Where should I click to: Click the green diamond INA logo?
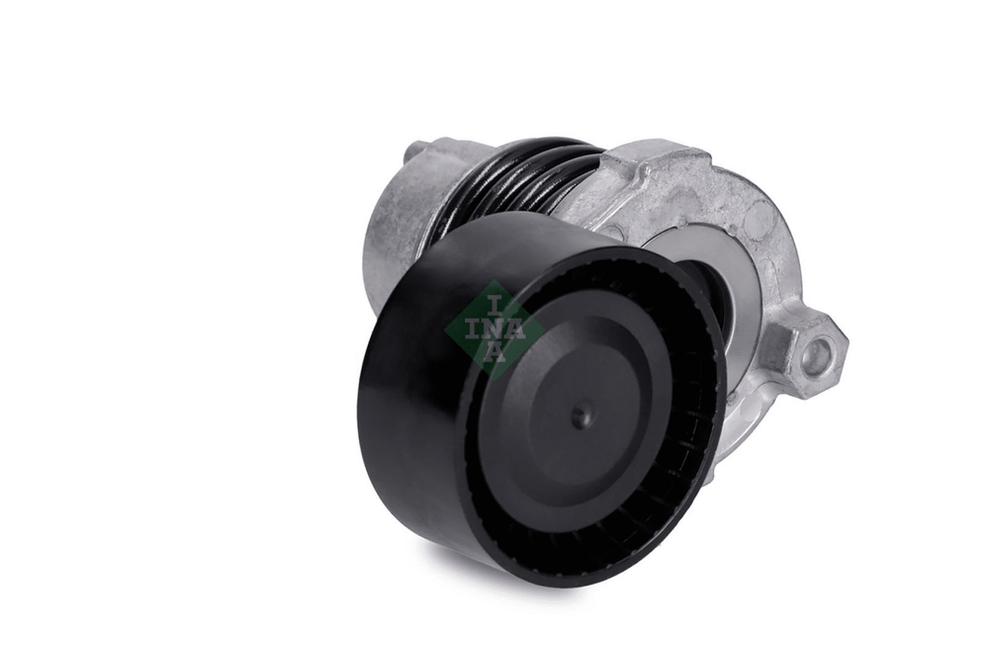pyautogui.click(x=494, y=330)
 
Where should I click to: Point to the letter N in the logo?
pyautogui.click(x=494, y=330)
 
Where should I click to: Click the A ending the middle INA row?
pyautogui.click(x=516, y=330)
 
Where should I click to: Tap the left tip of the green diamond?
pyautogui.click(x=445, y=330)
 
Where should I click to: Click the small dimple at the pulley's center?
pyautogui.click(x=583, y=417)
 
